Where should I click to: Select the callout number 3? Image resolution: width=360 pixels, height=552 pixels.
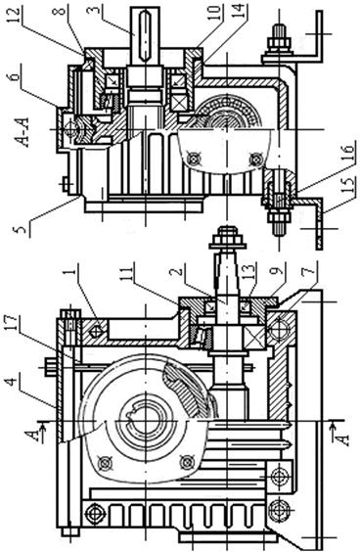(93, 12)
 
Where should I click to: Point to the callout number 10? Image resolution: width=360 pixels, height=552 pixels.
(217, 12)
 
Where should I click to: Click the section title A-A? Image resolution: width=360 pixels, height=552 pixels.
(22, 132)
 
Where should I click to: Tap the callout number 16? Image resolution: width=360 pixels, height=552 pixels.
(348, 151)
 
